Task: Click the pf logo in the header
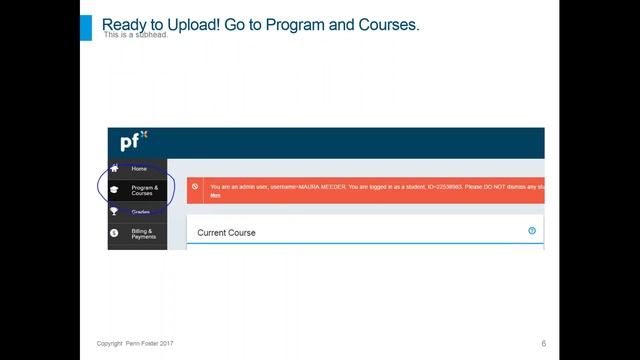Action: tap(133, 141)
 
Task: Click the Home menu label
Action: tap(139, 169)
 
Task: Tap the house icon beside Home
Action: tap(114, 168)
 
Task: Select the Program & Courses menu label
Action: tap(144, 190)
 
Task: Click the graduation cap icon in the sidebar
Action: tap(114, 190)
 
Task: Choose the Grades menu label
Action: tap(140, 212)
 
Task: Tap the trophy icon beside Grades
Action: tap(114, 211)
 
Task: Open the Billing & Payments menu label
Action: tap(144, 234)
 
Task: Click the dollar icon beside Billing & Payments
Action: tap(114, 233)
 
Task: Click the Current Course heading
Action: tap(226, 233)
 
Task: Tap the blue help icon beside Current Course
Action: tap(532, 231)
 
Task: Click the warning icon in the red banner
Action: tap(196, 187)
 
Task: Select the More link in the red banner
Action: tap(215, 195)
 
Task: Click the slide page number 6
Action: tap(543, 343)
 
